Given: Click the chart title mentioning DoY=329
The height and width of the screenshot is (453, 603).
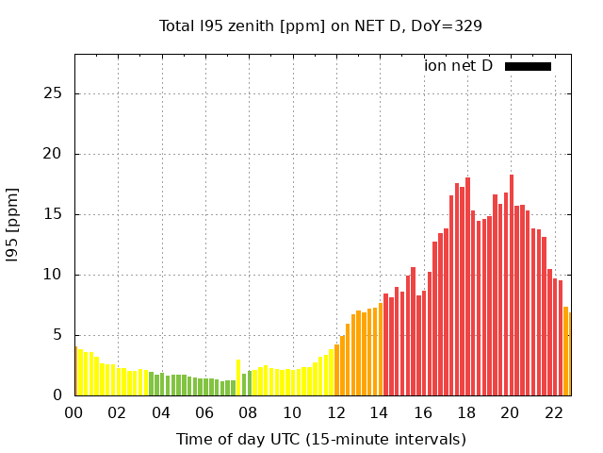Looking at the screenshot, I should point(320,25).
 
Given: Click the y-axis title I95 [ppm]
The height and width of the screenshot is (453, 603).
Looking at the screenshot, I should point(13,225).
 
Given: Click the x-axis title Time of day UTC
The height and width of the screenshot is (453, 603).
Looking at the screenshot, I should point(320,439).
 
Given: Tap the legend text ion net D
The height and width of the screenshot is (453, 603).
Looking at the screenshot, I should point(458,66).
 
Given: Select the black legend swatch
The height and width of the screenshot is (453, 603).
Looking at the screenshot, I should point(528,66).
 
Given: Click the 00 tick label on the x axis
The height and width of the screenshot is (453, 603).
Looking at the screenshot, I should point(74,412).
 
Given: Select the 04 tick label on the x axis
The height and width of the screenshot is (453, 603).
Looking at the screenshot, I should point(161,412).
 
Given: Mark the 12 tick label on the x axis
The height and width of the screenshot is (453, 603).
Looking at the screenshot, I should point(335,412).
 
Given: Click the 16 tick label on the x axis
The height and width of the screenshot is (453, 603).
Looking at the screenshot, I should point(423,412).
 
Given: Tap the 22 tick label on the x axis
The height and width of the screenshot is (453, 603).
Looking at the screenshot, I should point(554,412).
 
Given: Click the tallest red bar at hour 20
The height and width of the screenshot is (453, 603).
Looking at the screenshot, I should point(512,283).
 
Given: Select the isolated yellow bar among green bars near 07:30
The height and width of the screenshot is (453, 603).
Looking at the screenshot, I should point(238,377).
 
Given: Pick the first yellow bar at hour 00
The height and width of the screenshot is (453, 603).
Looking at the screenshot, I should point(76,372).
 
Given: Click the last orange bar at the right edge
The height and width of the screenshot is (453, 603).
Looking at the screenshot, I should point(569,354).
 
